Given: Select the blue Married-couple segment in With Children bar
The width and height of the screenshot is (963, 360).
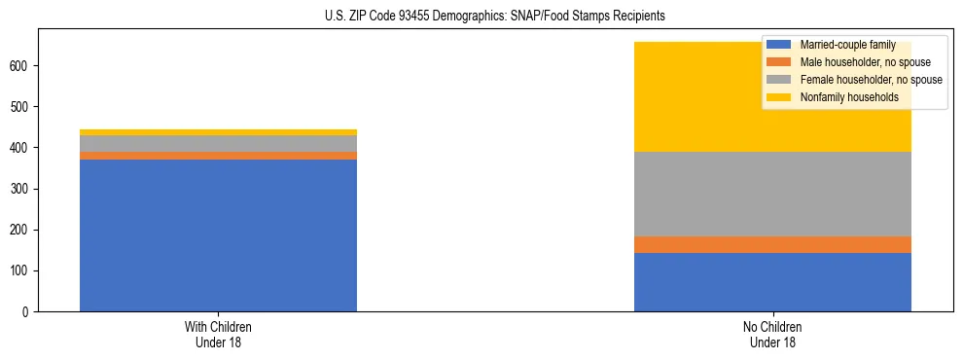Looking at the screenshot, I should click(x=218, y=235).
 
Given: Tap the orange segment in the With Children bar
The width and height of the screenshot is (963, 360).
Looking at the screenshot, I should click(x=218, y=156).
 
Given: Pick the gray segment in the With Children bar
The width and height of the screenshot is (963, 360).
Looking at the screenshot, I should click(x=218, y=143).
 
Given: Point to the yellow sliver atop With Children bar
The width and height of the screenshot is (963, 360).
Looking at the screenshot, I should click(x=218, y=132).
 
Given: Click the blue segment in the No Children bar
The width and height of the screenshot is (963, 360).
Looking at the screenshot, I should click(x=772, y=282).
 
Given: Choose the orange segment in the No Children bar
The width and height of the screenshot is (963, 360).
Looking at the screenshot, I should click(x=772, y=244).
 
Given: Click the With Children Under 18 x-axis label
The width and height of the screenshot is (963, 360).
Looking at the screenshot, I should click(x=218, y=335).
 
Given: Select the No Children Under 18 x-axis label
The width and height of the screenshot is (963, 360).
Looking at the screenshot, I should click(x=772, y=335).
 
